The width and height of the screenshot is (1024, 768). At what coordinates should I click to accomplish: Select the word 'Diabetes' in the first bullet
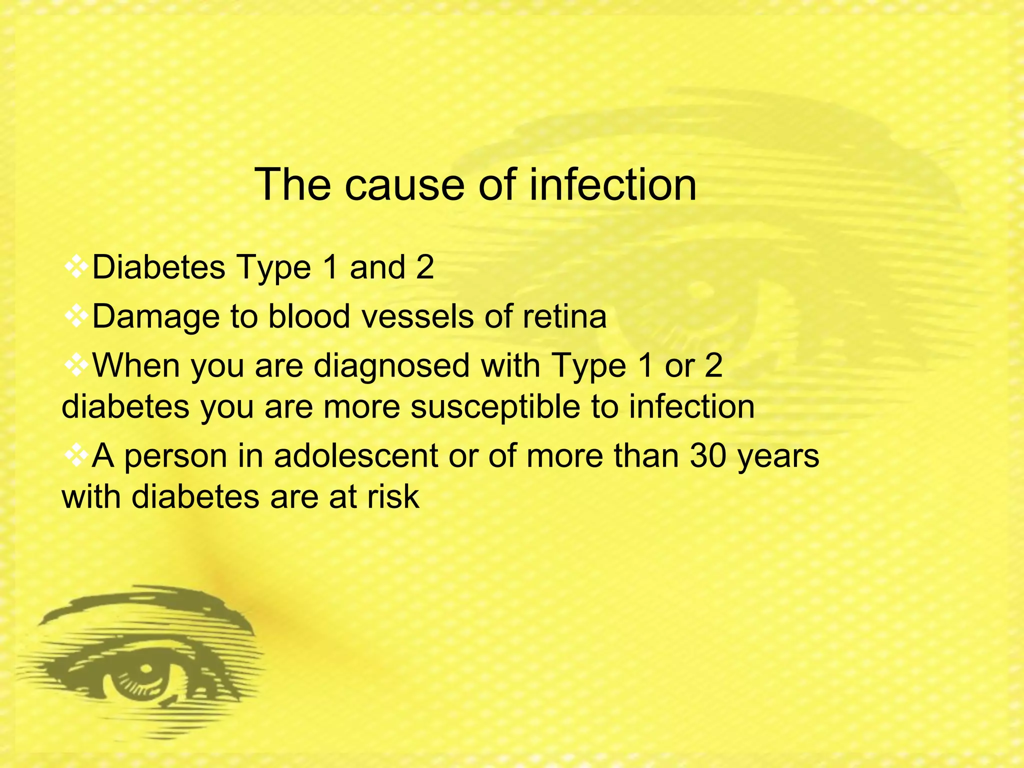tap(159, 267)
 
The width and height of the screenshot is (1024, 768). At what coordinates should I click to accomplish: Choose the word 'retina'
tap(564, 316)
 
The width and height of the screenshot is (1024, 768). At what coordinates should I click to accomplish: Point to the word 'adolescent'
tap(355, 456)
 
